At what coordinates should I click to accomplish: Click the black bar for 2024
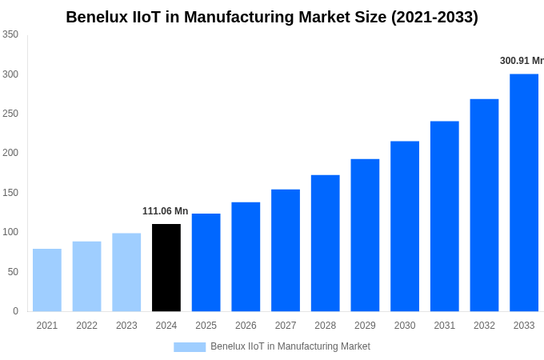[166, 267]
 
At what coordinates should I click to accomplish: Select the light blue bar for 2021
[47, 280]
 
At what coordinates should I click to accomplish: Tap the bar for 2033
[524, 192]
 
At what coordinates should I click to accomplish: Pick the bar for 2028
[326, 243]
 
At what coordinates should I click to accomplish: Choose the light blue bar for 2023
[126, 272]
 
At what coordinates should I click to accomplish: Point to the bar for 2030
[405, 226]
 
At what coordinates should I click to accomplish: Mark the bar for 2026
[246, 257]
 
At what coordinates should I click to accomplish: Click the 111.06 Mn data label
[166, 211]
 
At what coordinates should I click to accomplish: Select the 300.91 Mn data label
[522, 61]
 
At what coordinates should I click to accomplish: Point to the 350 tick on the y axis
[10, 34]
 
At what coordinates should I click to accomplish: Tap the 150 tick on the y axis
[10, 193]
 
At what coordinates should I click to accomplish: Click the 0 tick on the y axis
[15, 311]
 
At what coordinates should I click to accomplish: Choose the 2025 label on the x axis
[206, 326]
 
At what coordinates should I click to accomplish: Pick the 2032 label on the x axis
[484, 326]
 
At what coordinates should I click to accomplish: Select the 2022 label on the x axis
[86, 326]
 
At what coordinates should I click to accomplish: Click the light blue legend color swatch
[190, 347]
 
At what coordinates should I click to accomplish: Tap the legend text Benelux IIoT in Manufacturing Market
[290, 346]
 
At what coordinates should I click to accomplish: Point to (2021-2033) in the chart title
[434, 17]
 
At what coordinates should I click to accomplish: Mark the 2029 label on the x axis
[365, 326]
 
